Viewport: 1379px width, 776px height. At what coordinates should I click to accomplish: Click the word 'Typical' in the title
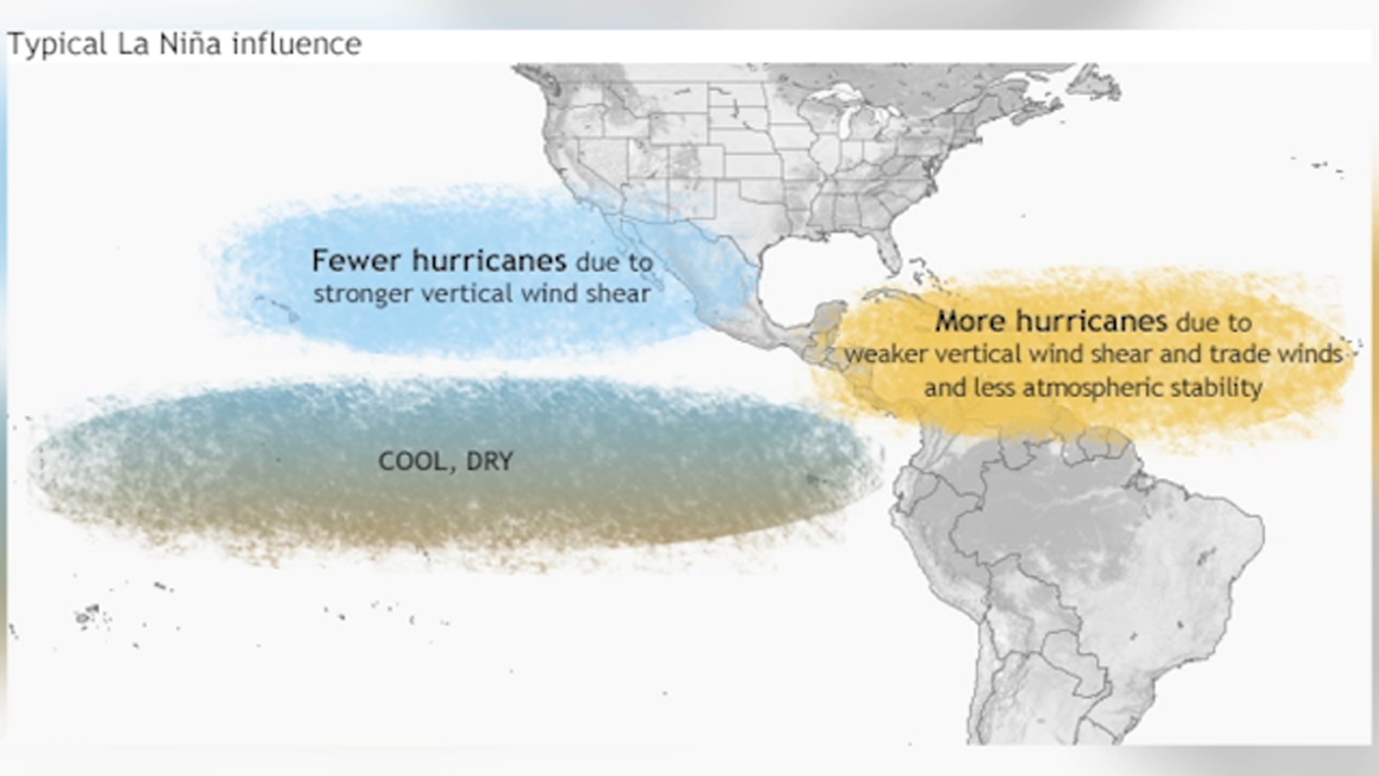pyautogui.click(x=57, y=45)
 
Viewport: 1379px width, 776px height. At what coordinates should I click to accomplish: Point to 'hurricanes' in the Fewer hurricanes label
pyautogui.click(x=489, y=260)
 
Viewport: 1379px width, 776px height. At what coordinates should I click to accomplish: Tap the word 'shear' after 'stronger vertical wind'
pyautogui.click(x=618, y=293)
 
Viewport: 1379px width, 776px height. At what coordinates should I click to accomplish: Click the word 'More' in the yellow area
pyautogui.click(x=970, y=322)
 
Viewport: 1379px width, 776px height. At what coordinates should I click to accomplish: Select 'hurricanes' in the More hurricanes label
pyautogui.click(x=1090, y=322)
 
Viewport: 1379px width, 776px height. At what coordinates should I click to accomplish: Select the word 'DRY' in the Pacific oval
pyautogui.click(x=490, y=461)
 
